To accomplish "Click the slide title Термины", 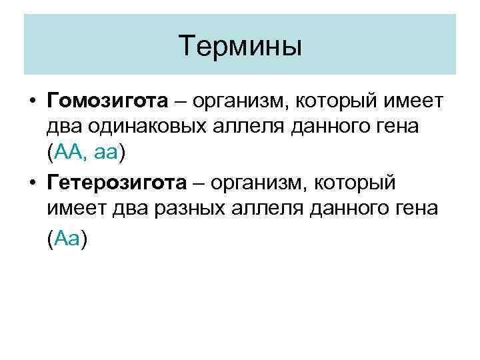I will pos(240,46).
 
